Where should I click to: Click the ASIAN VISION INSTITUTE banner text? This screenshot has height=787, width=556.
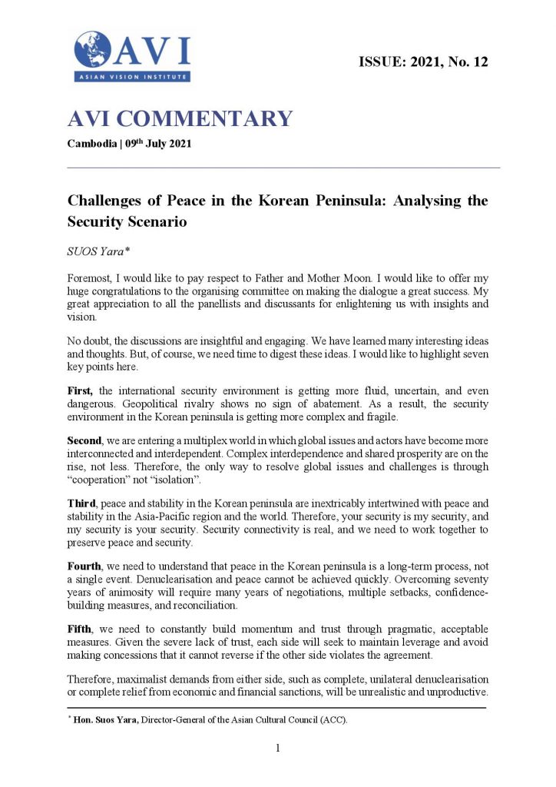pos(132,77)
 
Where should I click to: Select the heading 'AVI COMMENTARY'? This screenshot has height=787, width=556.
pos(180,118)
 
